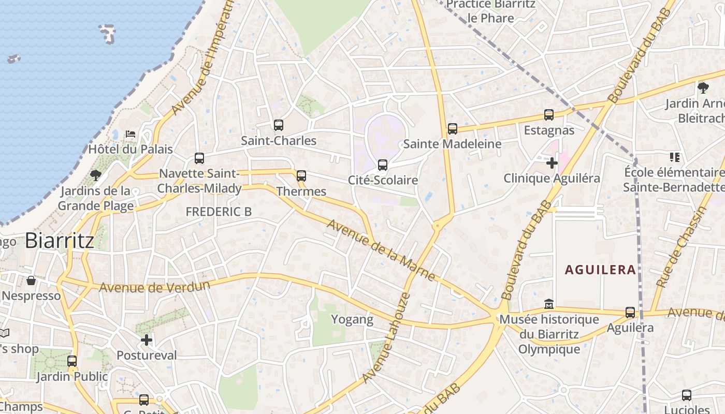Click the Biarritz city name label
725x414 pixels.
(x=60, y=241)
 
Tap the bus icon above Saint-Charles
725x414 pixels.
(x=279, y=125)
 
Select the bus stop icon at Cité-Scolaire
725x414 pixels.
(x=383, y=165)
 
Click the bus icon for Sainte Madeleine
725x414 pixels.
(x=453, y=129)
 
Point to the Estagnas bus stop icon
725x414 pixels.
(x=549, y=115)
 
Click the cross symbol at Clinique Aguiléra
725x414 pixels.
(x=552, y=163)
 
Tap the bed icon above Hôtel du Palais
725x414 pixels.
(x=130, y=134)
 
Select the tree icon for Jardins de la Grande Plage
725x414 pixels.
(x=95, y=175)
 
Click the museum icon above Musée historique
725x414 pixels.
(x=549, y=304)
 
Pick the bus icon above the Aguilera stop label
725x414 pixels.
(x=630, y=312)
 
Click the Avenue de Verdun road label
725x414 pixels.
(x=155, y=287)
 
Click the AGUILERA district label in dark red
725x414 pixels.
(x=600, y=270)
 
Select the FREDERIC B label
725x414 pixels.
(x=219, y=212)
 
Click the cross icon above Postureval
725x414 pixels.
(x=147, y=340)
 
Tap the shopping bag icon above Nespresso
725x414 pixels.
(x=31, y=280)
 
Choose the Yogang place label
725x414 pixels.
(x=352, y=319)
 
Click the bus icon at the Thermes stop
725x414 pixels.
(x=301, y=176)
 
